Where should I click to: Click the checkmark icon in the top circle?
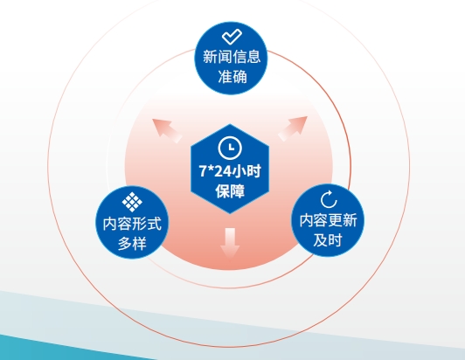[x=232, y=37]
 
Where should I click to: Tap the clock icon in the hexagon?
[x=230, y=148]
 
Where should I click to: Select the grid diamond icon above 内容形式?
[x=132, y=202]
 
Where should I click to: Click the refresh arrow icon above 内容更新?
[x=329, y=199]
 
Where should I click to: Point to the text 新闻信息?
[x=232, y=57]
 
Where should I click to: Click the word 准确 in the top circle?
[x=232, y=77]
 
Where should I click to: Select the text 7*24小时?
[x=230, y=171]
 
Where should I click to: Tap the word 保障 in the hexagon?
[x=230, y=191]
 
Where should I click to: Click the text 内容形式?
[x=132, y=224]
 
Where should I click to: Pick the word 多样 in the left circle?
[x=132, y=244]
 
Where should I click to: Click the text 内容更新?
[x=328, y=220]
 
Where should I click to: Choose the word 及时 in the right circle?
[x=328, y=240]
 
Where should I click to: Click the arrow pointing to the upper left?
[x=167, y=131]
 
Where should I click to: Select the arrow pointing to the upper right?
[x=293, y=128]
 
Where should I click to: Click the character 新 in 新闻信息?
[x=210, y=57]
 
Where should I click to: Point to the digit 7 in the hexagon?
[x=203, y=171]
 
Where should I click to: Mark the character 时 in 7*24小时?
[x=253, y=171]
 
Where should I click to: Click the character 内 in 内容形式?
[x=110, y=224]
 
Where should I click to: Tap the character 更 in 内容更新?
[x=336, y=220]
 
